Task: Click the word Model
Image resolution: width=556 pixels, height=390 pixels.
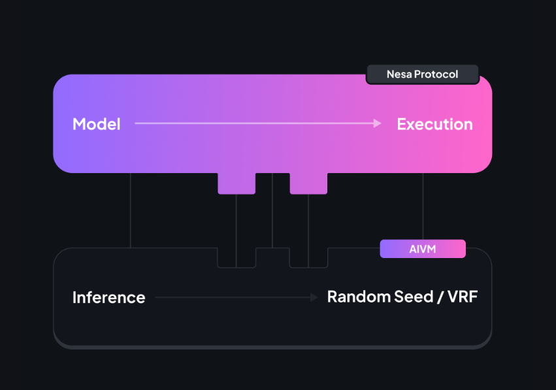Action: click(x=97, y=124)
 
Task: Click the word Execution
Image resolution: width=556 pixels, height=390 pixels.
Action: click(x=434, y=124)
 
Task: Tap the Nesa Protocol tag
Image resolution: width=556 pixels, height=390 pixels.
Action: click(x=422, y=74)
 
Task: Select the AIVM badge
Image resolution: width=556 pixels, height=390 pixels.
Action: click(x=423, y=249)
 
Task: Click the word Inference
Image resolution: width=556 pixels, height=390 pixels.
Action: click(x=109, y=297)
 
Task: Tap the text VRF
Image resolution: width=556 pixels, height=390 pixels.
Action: click(x=463, y=297)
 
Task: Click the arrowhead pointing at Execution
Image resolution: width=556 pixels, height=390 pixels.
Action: click(x=377, y=123)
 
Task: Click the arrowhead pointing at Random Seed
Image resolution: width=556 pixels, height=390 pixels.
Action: click(x=314, y=297)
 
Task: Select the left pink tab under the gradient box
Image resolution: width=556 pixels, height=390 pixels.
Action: click(x=237, y=184)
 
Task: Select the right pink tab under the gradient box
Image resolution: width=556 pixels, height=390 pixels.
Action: click(x=308, y=184)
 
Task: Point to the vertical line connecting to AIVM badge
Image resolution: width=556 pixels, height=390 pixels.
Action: click(x=423, y=206)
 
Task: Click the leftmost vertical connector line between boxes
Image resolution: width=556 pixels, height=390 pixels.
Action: click(x=131, y=210)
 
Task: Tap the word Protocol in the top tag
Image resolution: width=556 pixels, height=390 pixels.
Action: click(x=436, y=74)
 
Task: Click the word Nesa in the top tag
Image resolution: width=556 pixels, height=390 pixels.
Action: click(x=399, y=74)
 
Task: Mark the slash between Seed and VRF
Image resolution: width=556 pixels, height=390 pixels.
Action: click(x=440, y=297)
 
